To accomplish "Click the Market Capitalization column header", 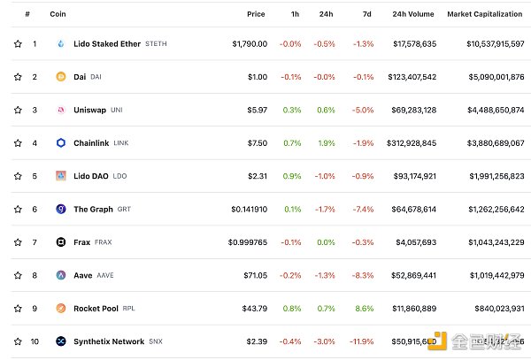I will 485,14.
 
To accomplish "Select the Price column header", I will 256,14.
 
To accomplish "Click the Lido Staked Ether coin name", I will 106,43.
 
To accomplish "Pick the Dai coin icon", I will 60,77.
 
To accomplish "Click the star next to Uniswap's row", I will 17,110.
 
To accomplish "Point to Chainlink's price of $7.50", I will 257,142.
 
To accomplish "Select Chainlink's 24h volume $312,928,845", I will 405,142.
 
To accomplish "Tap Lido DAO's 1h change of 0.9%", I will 290,176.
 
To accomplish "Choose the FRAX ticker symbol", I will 103,241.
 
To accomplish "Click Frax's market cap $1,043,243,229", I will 486,241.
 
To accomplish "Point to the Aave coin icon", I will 60,275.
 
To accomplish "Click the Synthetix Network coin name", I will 109,341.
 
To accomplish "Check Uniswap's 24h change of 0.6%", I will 327,110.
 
